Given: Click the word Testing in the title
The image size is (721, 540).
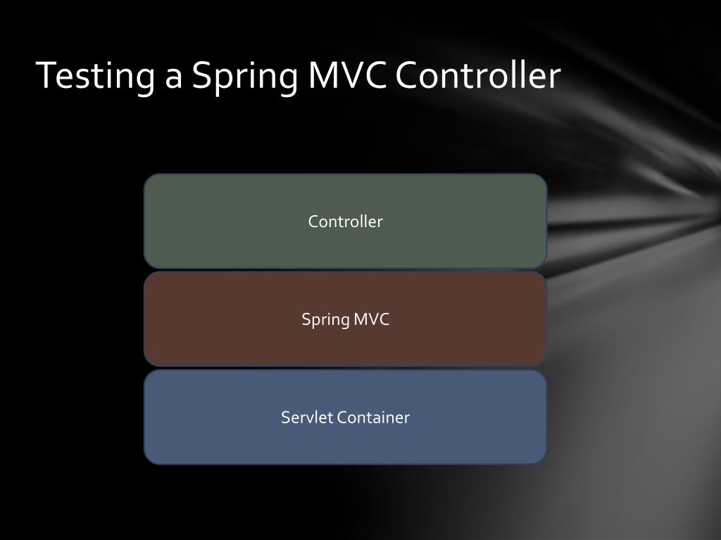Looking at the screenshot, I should coord(96,76).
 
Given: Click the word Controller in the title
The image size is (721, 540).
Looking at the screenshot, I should coord(477,75).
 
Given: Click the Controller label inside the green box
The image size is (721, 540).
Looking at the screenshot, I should coord(345,221).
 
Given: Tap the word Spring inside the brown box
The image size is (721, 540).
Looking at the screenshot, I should coord(325,320).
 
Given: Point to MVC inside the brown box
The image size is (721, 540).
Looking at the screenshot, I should coord(371,319).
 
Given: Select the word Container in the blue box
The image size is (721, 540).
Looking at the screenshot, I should coord(373,417).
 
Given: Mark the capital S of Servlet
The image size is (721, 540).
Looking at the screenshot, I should coord(286,418).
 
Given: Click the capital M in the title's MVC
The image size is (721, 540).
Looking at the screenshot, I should coord(323,75).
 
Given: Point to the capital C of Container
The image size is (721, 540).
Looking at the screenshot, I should coord(341,418).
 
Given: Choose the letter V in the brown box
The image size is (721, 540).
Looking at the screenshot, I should coord(372,319).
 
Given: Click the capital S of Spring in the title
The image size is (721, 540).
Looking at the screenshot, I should coord(202,75).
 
